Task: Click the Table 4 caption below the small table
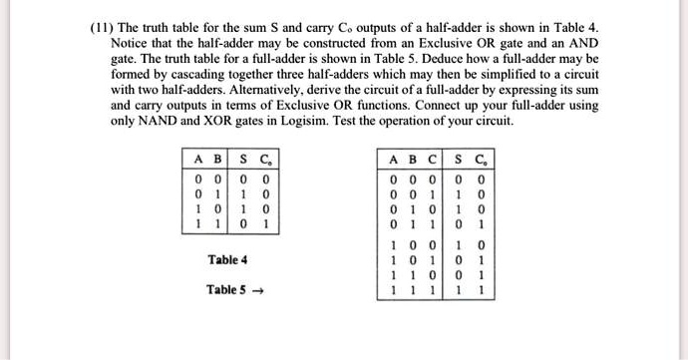227,260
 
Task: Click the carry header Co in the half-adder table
265,158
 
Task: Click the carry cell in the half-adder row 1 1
265,223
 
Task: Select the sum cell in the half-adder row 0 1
243,191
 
